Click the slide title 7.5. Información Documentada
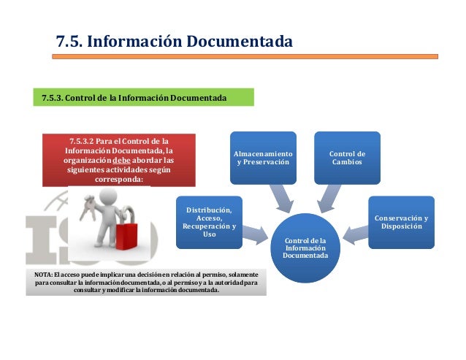tap(175, 41)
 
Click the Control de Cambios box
tap(347, 157)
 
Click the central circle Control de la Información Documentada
tap(306, 248)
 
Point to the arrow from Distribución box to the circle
tap(255, 234)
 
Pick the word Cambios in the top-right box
tap(347, 161)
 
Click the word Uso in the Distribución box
tap(210, 234)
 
